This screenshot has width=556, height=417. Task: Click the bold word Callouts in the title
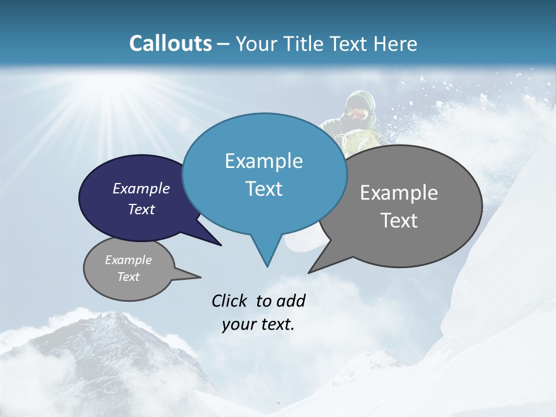170,43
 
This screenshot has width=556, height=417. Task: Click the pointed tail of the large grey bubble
310,271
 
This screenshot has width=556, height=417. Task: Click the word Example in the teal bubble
264,161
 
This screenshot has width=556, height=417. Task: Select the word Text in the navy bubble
141,210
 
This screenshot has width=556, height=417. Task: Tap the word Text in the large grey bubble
400,221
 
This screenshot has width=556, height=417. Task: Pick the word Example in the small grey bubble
129,260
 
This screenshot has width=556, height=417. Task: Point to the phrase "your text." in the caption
258,324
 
